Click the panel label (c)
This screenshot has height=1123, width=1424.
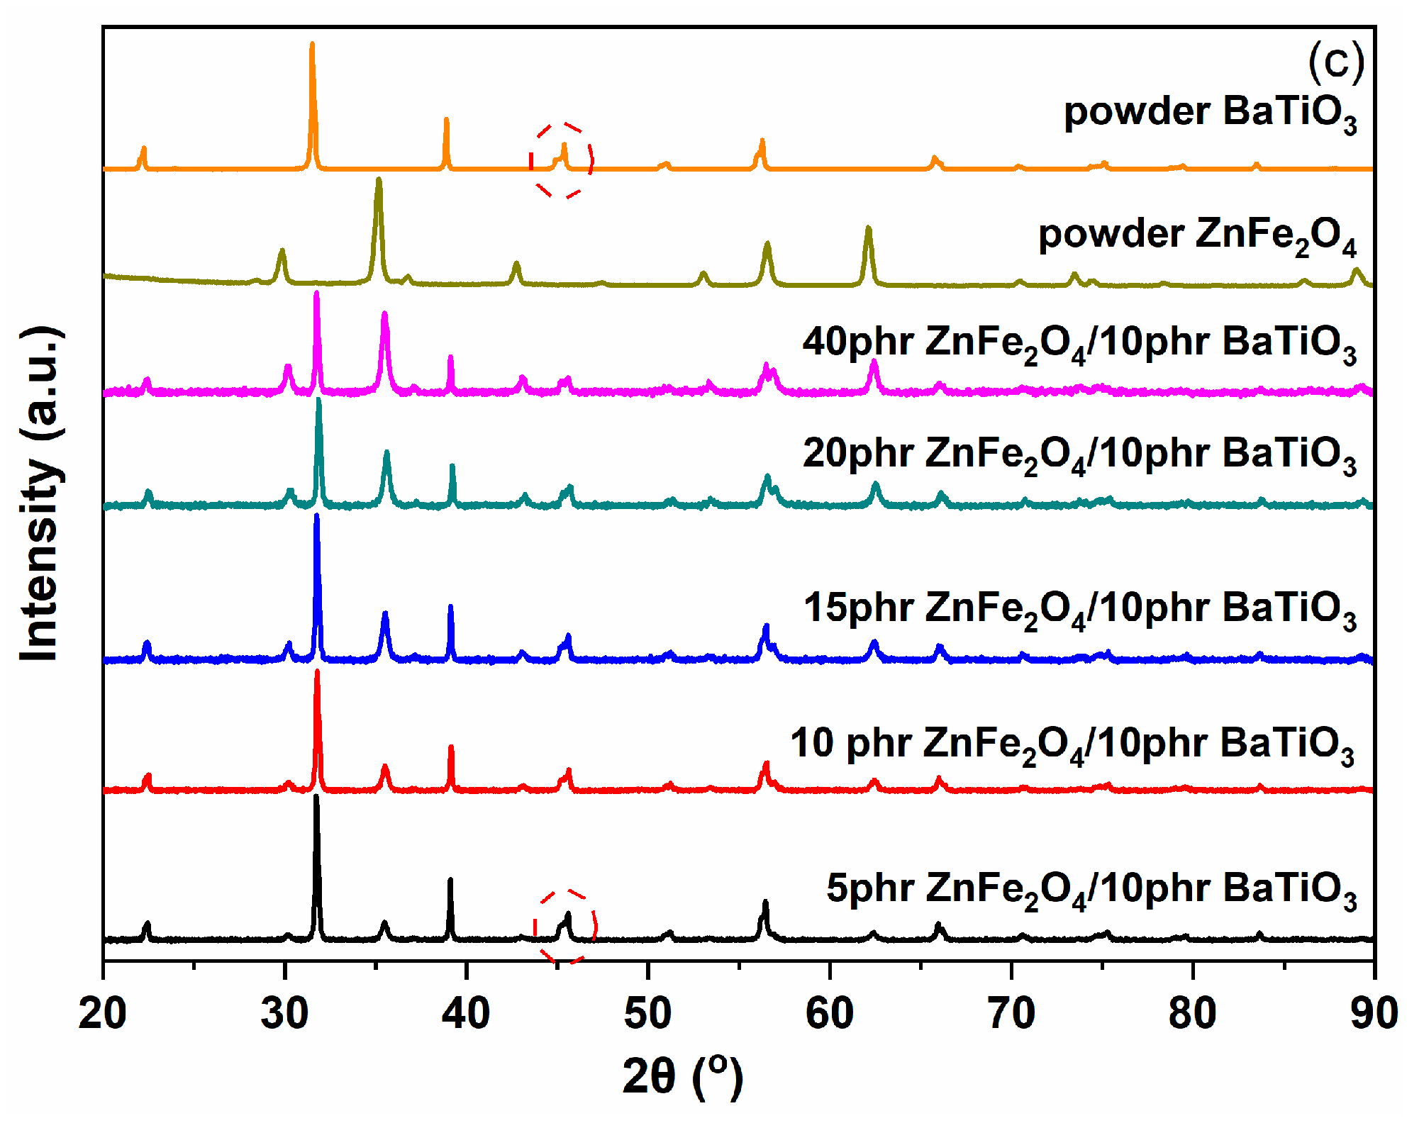tap(1335, 62)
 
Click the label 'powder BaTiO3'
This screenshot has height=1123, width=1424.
tap(1210, 113)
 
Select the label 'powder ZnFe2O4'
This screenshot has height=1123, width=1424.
tap(1197, 236)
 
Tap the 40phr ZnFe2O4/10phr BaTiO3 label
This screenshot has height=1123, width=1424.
tap(1079, 344)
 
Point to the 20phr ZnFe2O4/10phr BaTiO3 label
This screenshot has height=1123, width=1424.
tap(1079, 454)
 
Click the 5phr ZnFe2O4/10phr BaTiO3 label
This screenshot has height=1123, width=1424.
tap(1091, 890)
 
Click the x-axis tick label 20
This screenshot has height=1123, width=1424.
tap(103, 1013)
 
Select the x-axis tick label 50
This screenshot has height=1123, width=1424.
tap(647, 1013)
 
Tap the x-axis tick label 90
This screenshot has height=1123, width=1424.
tap(1374, 1013)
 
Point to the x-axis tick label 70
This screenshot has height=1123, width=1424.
tap(1011, 1013)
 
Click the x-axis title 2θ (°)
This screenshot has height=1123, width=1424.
tap(682, 1076)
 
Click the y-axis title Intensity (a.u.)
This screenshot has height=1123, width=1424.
tap(40, 494)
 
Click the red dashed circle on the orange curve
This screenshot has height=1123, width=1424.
tap(562, 160)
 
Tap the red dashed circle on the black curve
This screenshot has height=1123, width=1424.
tap(565, 926)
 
